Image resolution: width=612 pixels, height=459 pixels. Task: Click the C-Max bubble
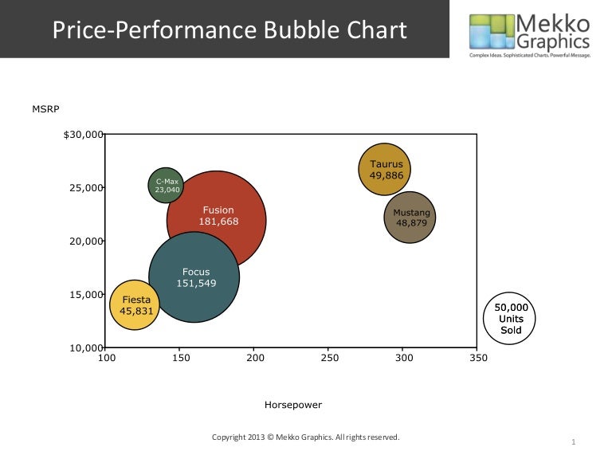167,185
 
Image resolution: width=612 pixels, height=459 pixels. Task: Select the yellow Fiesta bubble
135,305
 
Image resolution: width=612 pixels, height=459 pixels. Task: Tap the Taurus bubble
385,170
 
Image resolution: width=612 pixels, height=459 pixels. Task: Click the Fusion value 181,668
219,222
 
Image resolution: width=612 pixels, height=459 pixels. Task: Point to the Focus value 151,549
195,282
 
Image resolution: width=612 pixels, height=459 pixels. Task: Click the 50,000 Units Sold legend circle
510,318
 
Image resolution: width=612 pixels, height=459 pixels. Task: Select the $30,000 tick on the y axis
84,135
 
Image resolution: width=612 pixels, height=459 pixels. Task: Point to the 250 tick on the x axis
328,359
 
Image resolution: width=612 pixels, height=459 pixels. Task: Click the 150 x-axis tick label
180,359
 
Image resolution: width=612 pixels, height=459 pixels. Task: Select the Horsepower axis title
293,405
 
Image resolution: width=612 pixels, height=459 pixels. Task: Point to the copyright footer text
306,437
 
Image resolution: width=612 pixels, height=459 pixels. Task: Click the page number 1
574,441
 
